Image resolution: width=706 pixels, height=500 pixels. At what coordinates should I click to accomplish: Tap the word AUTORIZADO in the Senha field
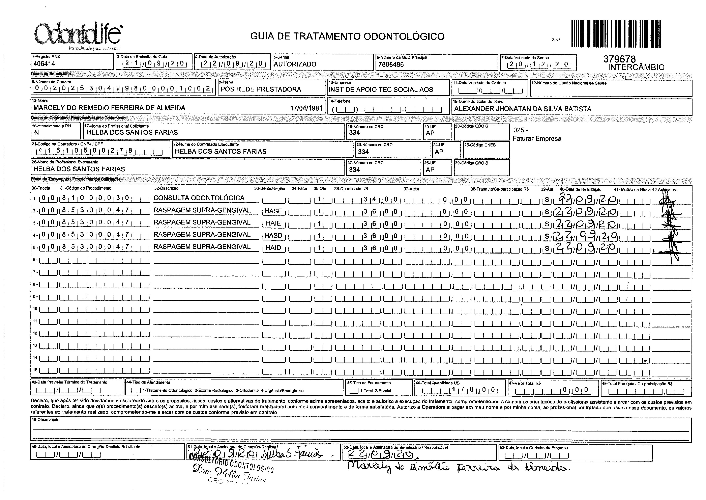point(295,64)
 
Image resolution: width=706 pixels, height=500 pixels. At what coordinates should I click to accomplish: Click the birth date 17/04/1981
point(306,108)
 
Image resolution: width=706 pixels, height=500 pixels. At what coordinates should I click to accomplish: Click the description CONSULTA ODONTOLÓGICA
point(199,198)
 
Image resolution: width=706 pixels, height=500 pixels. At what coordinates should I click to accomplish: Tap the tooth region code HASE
point(273,211)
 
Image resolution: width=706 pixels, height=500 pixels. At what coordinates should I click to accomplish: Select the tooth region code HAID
point(273,248)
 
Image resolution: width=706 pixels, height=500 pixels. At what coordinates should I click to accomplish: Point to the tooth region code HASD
point(273,236)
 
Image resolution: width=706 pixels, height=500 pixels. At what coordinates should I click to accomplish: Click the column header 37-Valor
point(411,189)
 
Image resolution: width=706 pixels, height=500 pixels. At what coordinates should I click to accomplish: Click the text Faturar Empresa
point(537,139)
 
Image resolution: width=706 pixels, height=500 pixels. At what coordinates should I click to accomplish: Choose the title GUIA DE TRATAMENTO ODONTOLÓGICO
point(347,36)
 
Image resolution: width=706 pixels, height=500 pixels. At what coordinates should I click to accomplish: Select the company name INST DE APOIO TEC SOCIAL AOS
point(381,90)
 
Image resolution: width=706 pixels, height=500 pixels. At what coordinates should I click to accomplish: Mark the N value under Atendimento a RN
point(37,133)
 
